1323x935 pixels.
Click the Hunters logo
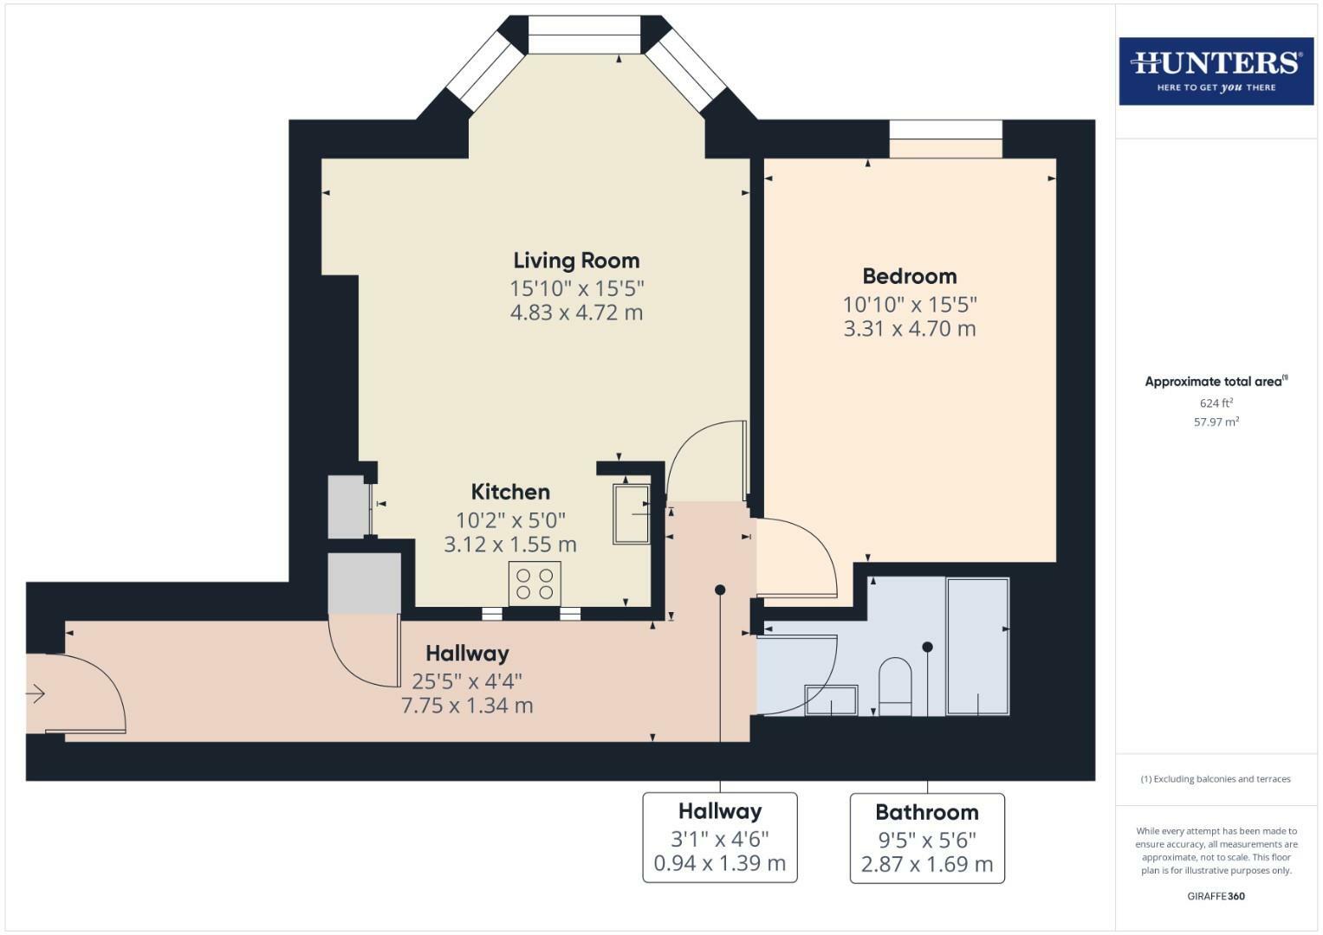point(1216,70)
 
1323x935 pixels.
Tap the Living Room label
point(576,261)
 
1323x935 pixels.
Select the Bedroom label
point(910,276)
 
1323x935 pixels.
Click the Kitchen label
point(510,492)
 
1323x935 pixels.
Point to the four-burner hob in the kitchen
point(535,584)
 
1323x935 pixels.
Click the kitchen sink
point(632,514)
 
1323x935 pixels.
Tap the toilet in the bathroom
point(895,687)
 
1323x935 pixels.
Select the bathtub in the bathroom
point(977,646)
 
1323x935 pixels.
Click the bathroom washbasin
point(831,700)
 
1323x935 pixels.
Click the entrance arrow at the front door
point(36,693)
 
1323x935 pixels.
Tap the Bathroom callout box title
point(927,812)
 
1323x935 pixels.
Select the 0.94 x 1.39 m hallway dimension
point(719,863)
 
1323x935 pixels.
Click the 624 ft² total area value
point(1216,403)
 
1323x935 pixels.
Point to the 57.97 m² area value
point(1216,422)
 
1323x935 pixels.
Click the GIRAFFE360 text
point(1216,896)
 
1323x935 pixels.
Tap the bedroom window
point(945,139)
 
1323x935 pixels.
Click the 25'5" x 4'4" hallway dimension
point(467,681)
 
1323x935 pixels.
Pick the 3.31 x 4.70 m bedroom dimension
point(910,329)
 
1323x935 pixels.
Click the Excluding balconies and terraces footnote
point(1216,779)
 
